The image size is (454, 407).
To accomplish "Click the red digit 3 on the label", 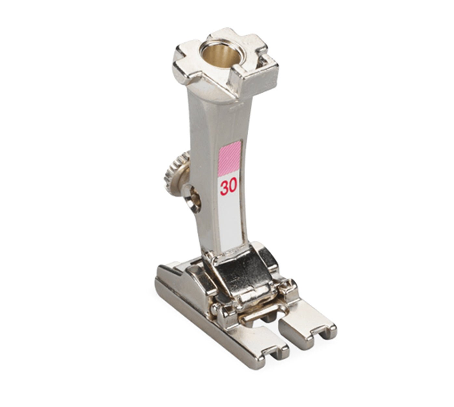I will pos(224,188).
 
